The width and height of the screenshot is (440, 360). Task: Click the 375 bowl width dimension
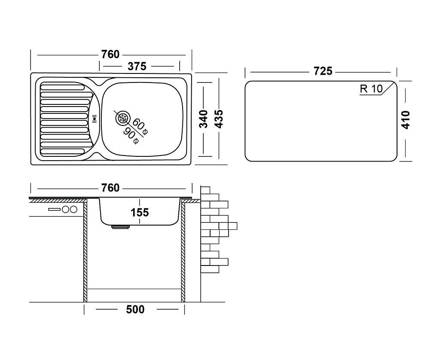pyautogui.click(x=137, y=67)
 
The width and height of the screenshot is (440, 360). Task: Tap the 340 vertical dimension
pyautogui.click(x=203, y=119)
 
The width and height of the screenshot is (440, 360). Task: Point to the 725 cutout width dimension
pyautogui.click(x=323, y=71)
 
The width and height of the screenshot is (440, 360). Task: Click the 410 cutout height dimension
pyautogui.click(x=406, y=120)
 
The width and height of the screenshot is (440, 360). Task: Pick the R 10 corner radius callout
pyautogui.click(x=371, y=89)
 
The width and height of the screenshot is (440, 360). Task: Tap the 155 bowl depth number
pyautogui.click(x=140, y=213)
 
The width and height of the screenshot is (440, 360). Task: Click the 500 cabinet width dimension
pyautogui.click(x=135, y=309)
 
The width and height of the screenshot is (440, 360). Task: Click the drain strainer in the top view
pyautogui.click(x=122, y=118)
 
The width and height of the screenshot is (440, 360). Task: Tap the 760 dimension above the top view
pyautogui.click(x=110, y=54)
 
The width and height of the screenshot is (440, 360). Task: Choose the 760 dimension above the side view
pyautogui.click(x=110, y=188)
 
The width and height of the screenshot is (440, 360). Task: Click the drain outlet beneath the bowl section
pyautogui.click(x=121, y=227)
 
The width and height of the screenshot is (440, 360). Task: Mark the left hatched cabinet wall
pyautogui.click(x=86, y=251)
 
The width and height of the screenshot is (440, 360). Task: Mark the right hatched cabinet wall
pyautogui.click(x=183, y=251)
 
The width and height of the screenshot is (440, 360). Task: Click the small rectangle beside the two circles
pyautogui.click(x=54, y=209)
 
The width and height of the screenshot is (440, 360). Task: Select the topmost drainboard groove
pyautogui.click(x=63, y=87)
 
